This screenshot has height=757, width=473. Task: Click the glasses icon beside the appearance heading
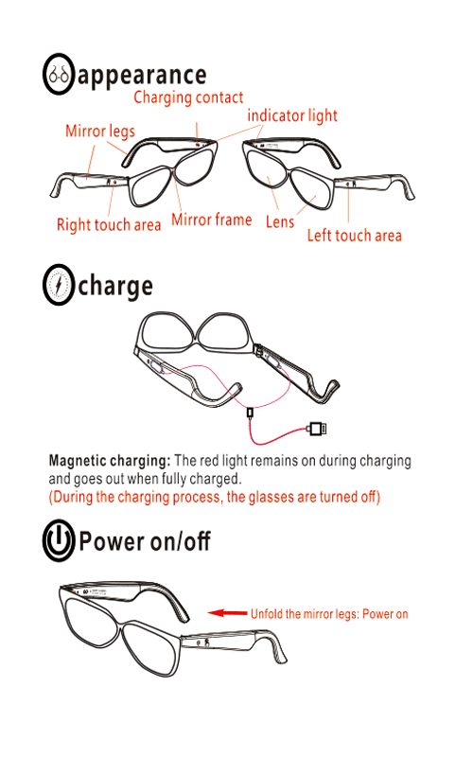59,74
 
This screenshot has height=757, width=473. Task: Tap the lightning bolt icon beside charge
59,285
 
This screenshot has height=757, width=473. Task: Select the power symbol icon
59,539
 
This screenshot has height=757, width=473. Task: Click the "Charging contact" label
188,97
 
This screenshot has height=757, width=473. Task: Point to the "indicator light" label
292,115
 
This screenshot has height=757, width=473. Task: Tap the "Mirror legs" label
100,132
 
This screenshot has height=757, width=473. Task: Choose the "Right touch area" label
109,225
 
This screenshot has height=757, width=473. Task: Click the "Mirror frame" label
211,220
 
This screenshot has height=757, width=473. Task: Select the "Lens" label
280,222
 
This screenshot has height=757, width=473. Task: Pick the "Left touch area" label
354,236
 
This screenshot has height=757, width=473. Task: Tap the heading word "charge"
115,287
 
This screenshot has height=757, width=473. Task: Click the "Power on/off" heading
145,540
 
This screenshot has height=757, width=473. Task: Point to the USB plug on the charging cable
317,429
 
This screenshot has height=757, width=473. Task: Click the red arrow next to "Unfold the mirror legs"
227,613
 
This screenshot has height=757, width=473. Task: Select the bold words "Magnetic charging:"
110,461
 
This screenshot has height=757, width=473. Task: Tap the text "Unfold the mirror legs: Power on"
329,614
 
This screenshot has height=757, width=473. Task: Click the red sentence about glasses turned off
215,497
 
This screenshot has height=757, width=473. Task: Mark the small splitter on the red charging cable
250,413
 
